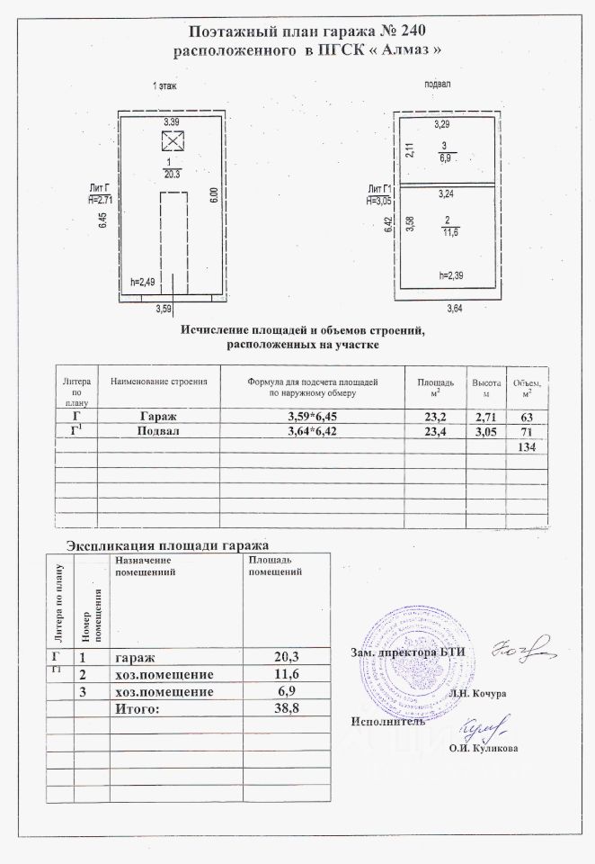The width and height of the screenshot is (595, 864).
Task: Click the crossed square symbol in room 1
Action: tap(171, 139)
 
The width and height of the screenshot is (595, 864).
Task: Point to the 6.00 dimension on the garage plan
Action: tap(213, 197)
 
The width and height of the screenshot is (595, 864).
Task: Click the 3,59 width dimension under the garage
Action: tap(164, 310)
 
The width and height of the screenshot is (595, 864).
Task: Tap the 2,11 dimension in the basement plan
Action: tap(408, 150)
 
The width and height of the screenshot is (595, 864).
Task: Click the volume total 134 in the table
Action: tap(524, 448)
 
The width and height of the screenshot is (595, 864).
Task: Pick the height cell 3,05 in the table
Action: tap(484, 433)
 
